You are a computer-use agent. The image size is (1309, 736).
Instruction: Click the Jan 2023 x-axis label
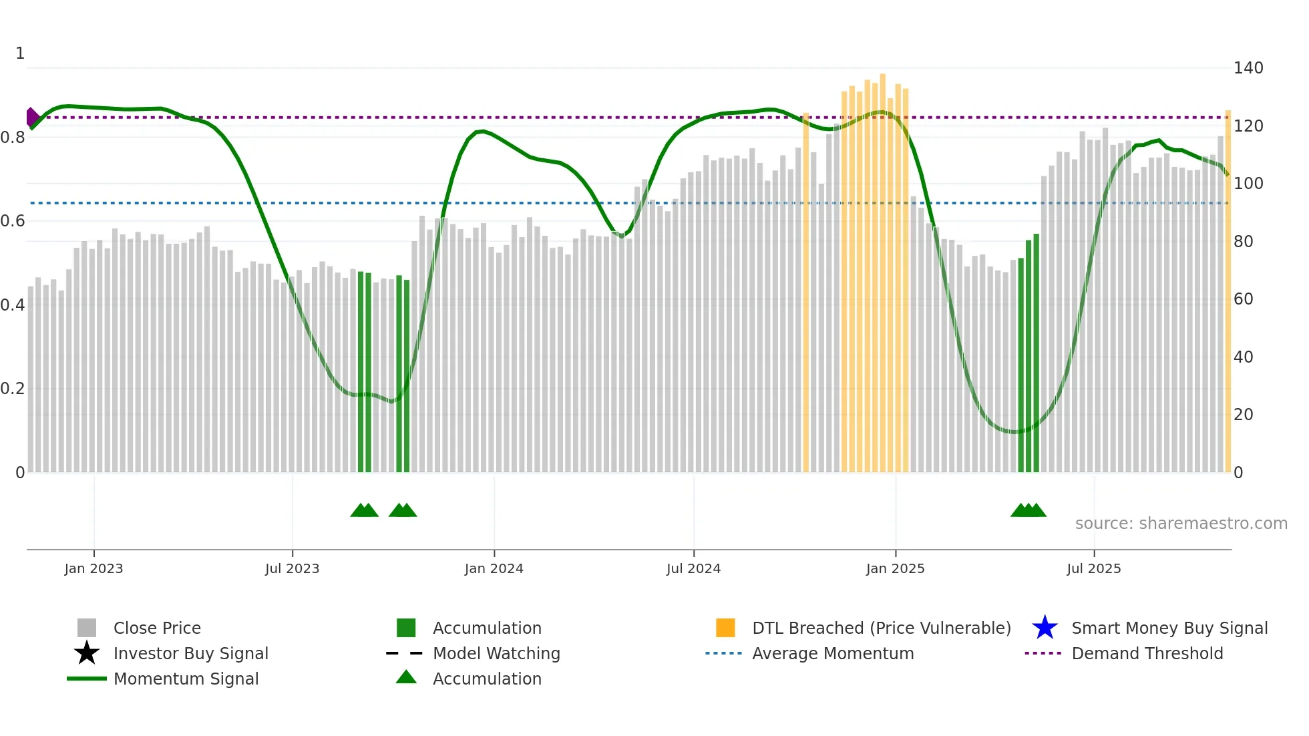click(93, 568)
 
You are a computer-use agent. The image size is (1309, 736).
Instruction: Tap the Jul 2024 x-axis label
click(693, 568)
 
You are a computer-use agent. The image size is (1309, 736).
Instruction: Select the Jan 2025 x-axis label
click(895, 568)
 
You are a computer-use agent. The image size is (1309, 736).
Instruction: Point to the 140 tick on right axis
click(1248, 68)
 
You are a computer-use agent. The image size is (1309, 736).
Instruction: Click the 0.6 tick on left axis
click(13, 221)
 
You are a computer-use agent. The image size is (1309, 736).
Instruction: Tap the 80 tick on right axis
click(1243, 241)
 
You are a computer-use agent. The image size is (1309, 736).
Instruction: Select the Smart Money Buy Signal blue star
click(1045, 628)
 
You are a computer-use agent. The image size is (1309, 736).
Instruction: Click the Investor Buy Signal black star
click(87, 653)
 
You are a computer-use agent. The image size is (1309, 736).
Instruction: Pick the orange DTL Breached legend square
click(725, 628)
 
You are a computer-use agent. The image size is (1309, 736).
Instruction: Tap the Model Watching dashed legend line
click(405, 653)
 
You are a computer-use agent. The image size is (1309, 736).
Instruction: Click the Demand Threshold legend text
click(1147, 653)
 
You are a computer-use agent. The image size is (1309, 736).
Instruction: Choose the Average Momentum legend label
click(832, 653)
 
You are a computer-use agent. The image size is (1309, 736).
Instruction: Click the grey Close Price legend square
click(87, 628)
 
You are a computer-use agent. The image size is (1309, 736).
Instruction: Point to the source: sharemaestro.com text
click(1181, 524)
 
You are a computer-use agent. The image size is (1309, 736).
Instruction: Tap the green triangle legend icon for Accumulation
click(406, 677)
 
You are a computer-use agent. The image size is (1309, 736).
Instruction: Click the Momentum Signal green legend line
click(87, 679)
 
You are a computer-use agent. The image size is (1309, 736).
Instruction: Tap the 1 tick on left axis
click(20, 53)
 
